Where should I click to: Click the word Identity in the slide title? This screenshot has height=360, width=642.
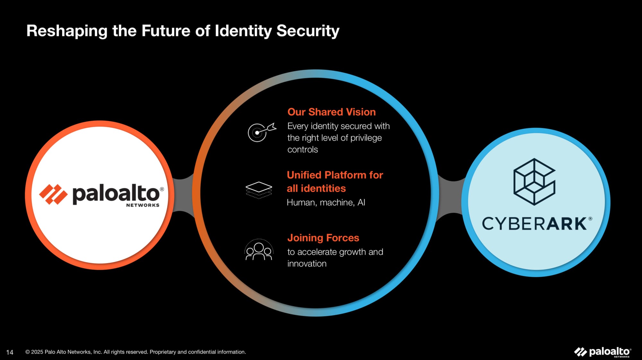coord(243,31)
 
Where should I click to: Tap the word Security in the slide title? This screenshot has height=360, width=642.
coord(308,31)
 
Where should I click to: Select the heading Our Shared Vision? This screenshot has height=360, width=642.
coord(331,112)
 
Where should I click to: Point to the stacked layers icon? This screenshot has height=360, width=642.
coord(259,190)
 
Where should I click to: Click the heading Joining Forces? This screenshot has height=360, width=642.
coord(323,238)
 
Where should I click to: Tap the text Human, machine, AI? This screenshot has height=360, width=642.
coord(326,202)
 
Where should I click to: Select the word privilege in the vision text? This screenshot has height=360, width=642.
coord(366,138)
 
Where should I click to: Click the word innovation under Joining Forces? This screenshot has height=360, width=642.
coord(307,264)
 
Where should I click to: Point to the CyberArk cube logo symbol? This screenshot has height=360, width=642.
coord(534,181)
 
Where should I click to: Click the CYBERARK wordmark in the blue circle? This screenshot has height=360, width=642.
coord(537,224)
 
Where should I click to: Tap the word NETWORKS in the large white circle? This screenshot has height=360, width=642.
coord(143,205)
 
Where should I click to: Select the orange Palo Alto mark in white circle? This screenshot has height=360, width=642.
coord(53,194)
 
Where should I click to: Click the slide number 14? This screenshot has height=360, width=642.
coord(10,352)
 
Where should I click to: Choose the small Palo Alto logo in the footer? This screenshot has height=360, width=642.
coord(603,352)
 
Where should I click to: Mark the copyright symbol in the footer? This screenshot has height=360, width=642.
coord(28,352)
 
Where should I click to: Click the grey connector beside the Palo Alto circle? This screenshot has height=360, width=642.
coord(183,195)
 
